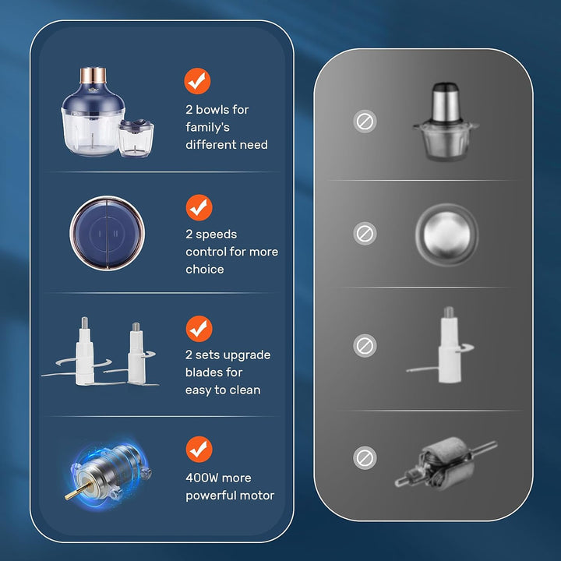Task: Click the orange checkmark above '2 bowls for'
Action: point(197,81)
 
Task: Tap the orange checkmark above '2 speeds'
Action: point(199,207)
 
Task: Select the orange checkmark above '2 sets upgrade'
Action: point(199,329)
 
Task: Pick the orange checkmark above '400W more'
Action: point(199,450)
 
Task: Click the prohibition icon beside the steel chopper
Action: point(365,122)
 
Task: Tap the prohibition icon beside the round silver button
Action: point(365,234)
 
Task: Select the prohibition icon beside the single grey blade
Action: point(365,346)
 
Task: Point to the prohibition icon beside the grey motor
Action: point(365,458)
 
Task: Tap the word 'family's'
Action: point(207,127)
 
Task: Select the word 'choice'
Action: point(205,270)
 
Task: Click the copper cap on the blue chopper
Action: point(93,75)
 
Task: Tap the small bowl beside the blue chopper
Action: point(136,138)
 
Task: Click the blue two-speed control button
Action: point(108,233)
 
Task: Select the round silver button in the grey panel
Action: point(446,235)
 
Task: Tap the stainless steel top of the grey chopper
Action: point(445,102)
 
